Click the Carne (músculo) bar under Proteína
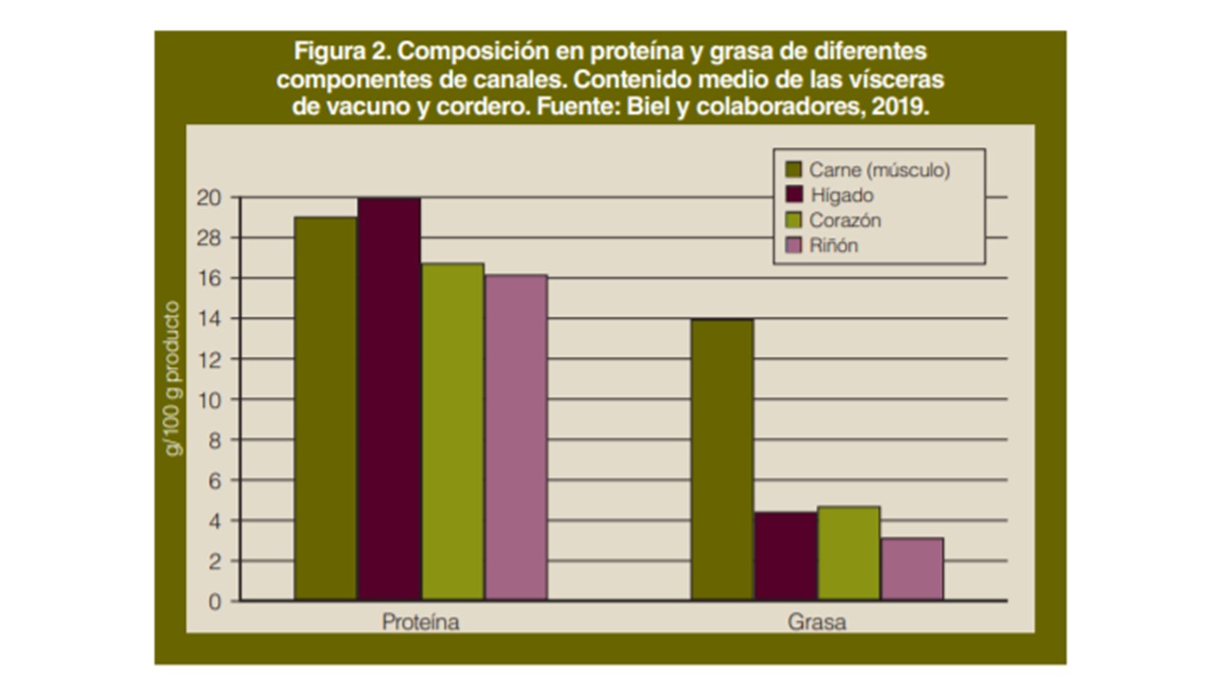(326, 409)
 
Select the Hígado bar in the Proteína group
(389, 399)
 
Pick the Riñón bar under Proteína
(515, 437)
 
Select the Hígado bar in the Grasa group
(786, 557)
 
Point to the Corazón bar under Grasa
(849, 554)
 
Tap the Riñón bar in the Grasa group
(912, 569)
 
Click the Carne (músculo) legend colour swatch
(793, 170)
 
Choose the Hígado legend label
(840, 196)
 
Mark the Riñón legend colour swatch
(793, 246)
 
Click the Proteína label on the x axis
(420, 623)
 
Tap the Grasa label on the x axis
(816, 623)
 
